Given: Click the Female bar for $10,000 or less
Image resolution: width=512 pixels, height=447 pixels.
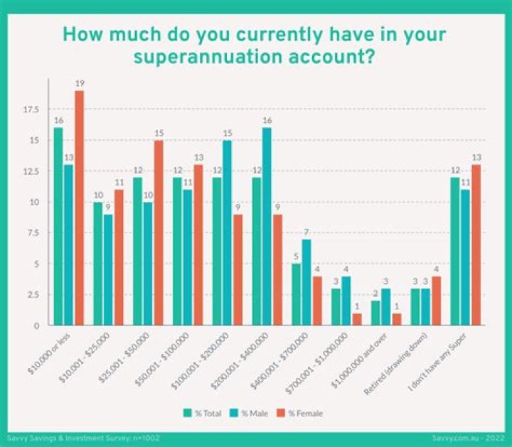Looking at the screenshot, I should point(79,208).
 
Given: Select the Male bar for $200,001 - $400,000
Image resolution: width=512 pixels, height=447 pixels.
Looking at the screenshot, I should point(266,226).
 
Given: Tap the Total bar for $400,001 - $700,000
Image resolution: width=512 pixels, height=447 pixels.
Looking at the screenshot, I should point(296,294).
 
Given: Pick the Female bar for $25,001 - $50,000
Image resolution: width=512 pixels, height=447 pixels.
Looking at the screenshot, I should point(159,232).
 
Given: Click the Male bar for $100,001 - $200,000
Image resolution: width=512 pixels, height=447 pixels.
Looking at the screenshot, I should point(226,232).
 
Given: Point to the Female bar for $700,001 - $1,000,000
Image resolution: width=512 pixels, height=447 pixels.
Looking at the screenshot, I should point(358,319).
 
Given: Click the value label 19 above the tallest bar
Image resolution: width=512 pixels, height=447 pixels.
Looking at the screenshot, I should point(79,84).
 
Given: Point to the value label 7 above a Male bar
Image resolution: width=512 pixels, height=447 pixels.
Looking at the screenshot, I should point(306,232).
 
